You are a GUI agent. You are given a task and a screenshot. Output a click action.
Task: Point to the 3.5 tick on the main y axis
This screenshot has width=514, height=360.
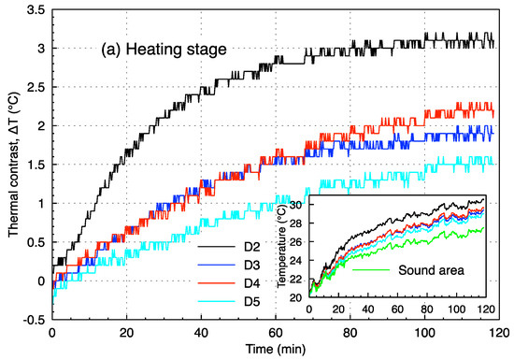(x=35, y=9)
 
